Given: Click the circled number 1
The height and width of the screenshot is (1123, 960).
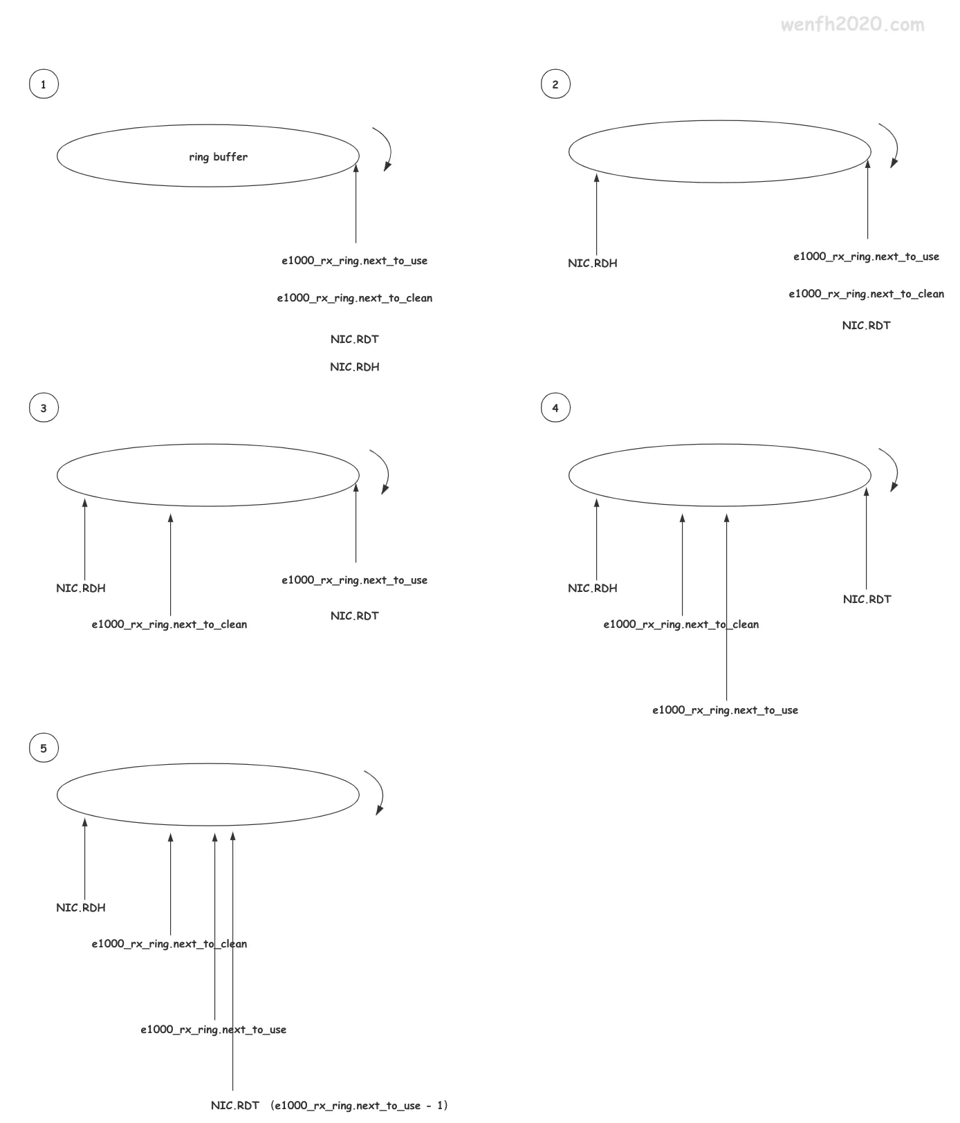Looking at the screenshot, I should [44, 84].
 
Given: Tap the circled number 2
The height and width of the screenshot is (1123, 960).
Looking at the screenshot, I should [555, 84].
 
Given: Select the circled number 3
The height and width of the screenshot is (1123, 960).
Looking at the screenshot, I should [44, 408].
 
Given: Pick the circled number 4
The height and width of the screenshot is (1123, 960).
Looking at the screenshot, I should [555, 408].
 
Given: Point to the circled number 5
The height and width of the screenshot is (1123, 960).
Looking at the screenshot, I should [44, 748].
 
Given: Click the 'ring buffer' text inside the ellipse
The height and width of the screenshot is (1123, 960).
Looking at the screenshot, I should [218, 157].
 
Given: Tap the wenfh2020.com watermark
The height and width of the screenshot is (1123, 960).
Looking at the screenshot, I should [852, 25].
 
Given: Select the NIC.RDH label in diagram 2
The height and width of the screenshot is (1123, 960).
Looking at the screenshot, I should [593, 263].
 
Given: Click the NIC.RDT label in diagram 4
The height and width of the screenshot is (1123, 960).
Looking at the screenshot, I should [867, 600].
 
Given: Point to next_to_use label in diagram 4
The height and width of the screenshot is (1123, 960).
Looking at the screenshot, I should [725, 710].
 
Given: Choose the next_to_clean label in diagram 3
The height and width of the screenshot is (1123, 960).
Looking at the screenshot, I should [169, 624].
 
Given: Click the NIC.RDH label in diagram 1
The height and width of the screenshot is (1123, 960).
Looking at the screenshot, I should [355, 367].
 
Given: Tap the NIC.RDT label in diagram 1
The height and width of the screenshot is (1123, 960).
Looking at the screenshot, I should [355, 340].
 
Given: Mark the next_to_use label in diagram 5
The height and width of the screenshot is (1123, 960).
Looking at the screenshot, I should [213, 1030].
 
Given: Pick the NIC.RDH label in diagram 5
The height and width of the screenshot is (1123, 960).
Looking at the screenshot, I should [81, 908].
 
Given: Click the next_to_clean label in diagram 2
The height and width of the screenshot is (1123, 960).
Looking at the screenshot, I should [866, 294].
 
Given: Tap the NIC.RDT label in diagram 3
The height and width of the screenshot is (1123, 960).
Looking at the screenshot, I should [355, 616].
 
